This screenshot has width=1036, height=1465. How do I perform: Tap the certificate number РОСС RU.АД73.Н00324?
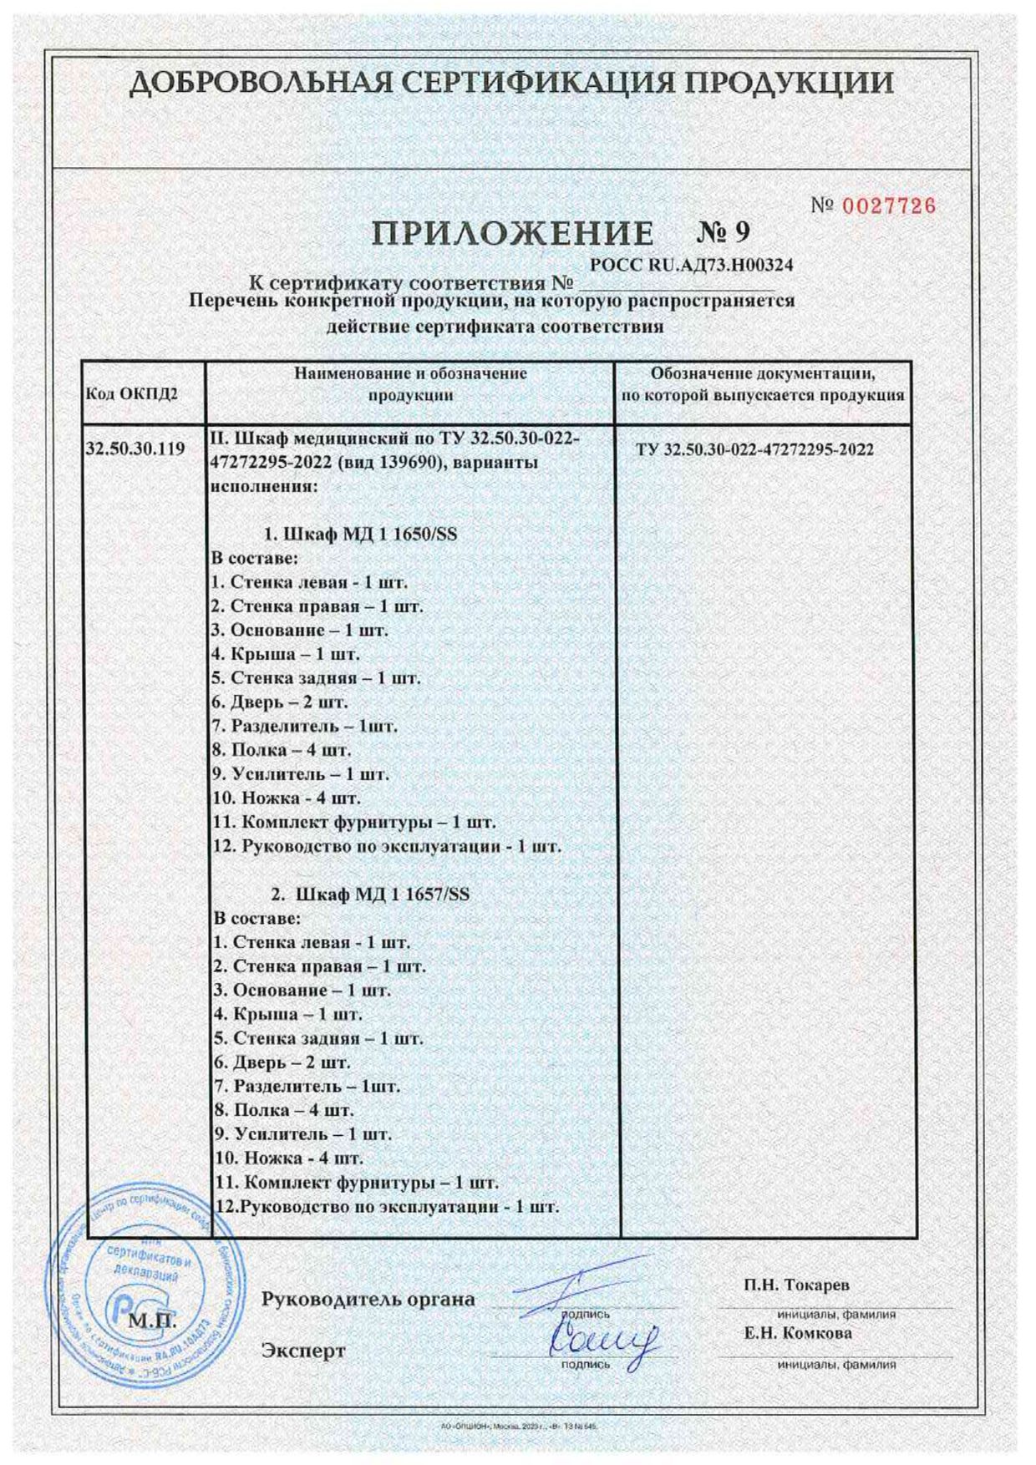691,266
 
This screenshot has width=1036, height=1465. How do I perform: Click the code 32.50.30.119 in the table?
135,449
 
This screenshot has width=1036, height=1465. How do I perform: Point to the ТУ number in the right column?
754,450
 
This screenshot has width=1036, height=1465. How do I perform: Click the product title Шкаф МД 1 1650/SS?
360,534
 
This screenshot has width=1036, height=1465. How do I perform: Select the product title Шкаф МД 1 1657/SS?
370,895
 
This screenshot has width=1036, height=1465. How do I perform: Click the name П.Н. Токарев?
796,1285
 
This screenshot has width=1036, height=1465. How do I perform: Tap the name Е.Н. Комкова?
798,1334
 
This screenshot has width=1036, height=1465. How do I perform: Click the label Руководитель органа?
368,1300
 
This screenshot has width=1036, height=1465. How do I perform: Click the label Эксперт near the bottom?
303,1350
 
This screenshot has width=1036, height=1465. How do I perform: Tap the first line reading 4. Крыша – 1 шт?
285,654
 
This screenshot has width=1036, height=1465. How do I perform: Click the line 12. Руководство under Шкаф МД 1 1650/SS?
386,846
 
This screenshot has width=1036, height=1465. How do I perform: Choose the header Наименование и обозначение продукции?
410,384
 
